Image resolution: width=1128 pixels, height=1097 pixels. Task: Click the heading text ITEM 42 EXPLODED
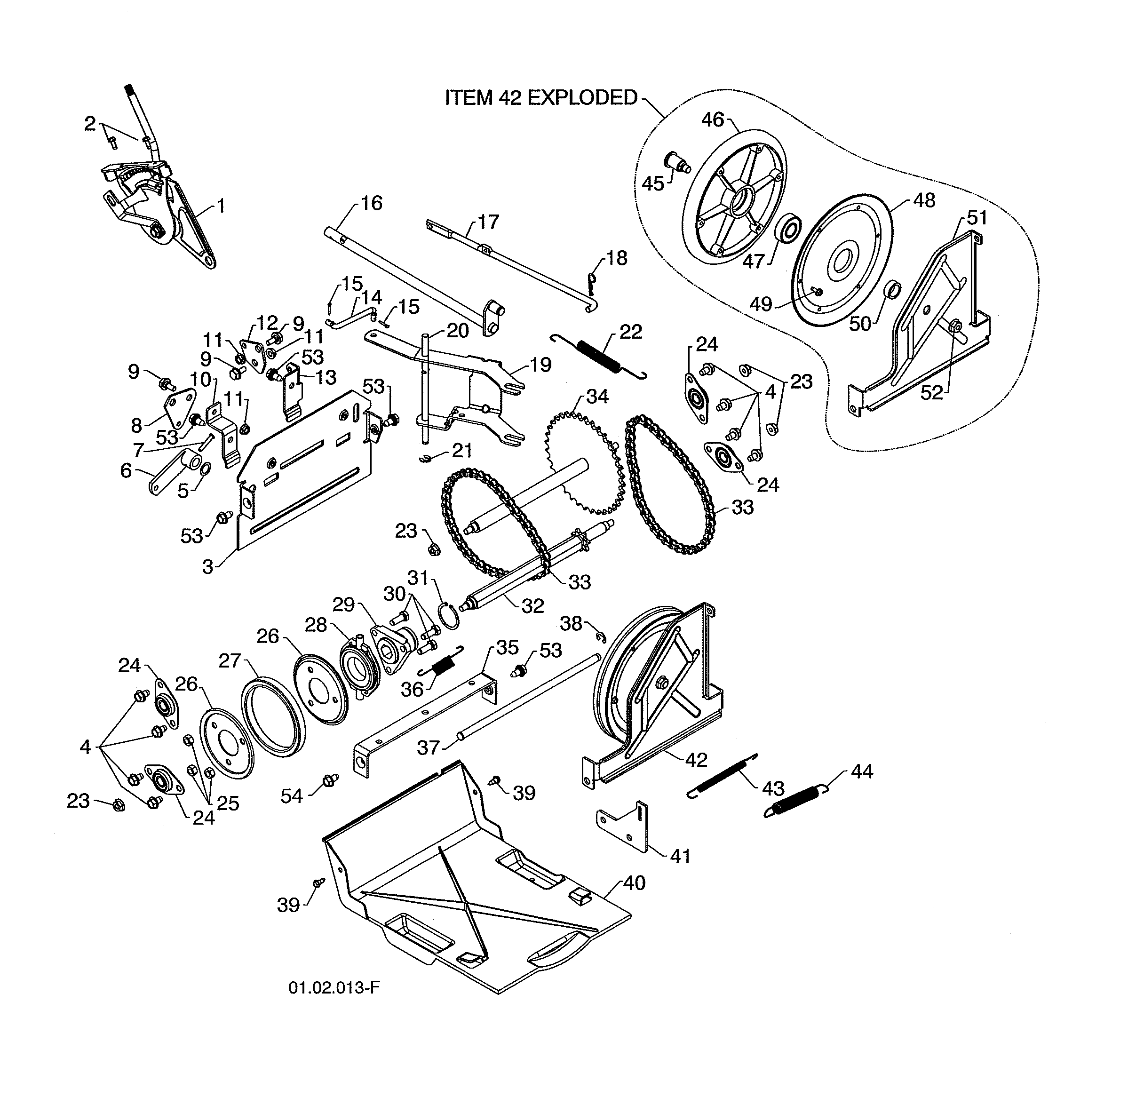[541, 98]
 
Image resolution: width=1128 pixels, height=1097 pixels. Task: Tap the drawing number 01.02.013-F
[334, 987]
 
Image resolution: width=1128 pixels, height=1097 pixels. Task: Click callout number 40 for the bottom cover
[634, 882]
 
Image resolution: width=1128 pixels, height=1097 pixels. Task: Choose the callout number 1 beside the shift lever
[221, 206]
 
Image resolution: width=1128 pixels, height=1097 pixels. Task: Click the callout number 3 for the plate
[207, 566]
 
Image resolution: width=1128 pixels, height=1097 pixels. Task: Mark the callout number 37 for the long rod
[429, 748]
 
